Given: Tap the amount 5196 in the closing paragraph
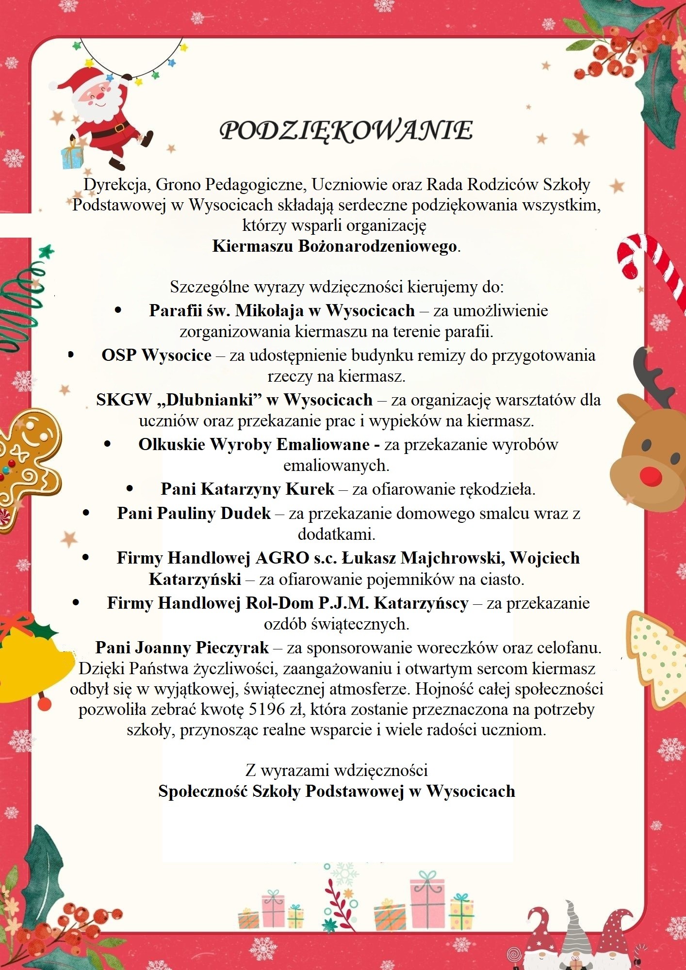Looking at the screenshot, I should pyautogui.click(x=266, y=710).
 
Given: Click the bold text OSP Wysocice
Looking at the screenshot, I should pyautogui.click(x=156, y=356).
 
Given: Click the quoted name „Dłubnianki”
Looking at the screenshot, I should pyautogui.click(x=210, y=400).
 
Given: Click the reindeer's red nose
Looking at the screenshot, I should pyautogui.click(x=651, y=476).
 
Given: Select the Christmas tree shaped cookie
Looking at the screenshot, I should pyautogui.click(x=657, y=655).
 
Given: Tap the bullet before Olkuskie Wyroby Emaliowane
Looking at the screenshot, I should pyautogui.click(x=107, y=444).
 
